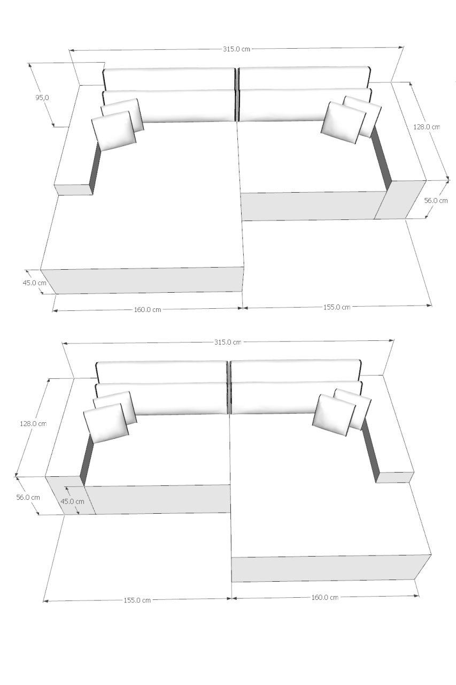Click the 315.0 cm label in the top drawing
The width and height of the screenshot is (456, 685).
click(236, 49)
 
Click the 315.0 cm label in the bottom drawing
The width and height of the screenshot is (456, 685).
click(228, 342)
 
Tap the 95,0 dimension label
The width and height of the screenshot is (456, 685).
click(42, 98)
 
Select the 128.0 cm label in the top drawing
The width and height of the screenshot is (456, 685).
click(427, 127)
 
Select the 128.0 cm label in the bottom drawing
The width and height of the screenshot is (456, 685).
click(33, 423)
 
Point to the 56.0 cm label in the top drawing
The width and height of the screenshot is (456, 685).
click(436, 201)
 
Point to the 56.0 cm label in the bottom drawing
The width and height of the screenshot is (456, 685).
click(28, 497)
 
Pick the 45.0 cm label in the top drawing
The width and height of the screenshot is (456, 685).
click(34, 283)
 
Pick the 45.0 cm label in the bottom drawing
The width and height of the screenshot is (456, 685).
click(72, 501)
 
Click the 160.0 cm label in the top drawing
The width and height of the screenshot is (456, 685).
click(147, 310)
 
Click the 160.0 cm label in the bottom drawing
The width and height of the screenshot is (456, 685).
click(324, 597)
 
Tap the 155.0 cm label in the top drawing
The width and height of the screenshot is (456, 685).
click(337, 307)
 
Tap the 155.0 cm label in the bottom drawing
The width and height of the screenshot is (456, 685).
click(137, 600)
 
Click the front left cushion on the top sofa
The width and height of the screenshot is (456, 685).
click(114, 131)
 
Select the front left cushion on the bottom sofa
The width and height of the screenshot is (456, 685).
click(106, 423)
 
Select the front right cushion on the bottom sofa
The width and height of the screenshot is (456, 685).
click(334, 415)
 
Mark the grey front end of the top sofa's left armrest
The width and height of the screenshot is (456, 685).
click(73, 190)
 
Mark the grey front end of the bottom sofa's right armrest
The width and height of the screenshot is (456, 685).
click(395, 477)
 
